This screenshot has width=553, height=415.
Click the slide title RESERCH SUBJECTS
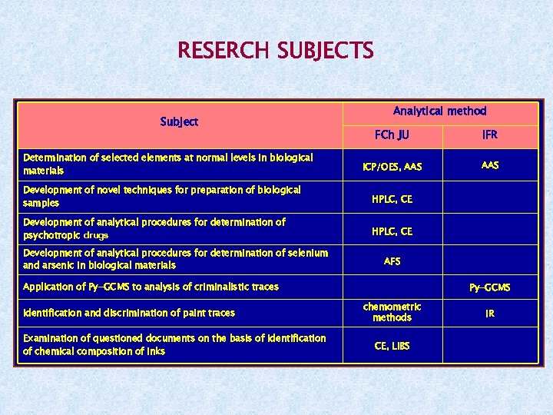click(x=275, y=51)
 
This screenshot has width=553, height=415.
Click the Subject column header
click(x=179, y=121)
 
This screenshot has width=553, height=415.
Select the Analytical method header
click(x=439, y=111)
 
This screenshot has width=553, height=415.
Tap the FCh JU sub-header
click(x=392, y=135)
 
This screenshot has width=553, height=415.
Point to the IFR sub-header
click(x=489, y=135)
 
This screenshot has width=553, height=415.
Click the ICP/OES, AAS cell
click(x=392, y=167)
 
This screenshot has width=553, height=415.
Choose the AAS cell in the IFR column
click(x=489, y=165)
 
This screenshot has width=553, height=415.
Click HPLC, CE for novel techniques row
click(x=392, y=198)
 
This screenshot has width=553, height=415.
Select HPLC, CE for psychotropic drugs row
click(x=392, y=231)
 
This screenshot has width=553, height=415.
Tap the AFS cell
click(x=392, y=261)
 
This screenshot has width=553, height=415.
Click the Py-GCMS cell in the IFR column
click(x=489, y=288)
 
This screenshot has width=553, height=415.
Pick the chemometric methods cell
click(x=392, y=312)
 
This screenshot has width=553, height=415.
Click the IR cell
click(x=489, y=314)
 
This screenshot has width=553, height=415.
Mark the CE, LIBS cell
click(x=392, y=346)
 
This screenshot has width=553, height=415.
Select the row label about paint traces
click(x=129, y=313)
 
